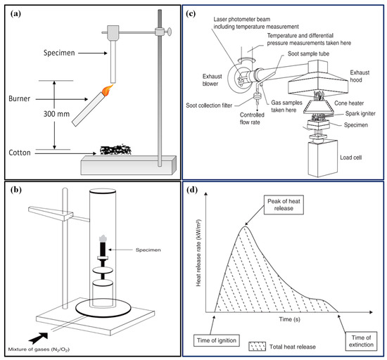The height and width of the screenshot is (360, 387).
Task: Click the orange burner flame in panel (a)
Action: click(x=107, y=91)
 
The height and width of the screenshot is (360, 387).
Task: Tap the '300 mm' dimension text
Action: click(x=56, y=114)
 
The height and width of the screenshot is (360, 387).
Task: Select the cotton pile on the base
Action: click(x=115, y=150)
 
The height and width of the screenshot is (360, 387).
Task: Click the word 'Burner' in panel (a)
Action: click(x=19, y=98)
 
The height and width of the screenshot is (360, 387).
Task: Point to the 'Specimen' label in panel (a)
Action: click(x=59, y=53)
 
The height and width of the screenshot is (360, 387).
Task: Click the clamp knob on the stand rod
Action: click(x=170, y=32)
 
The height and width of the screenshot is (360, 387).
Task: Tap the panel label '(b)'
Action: click(x=16, y=190)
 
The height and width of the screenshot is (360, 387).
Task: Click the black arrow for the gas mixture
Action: click(x=38, y=338)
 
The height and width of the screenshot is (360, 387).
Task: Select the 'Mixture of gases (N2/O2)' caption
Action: click(x=39, y=349)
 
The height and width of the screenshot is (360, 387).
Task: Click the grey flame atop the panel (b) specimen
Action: click(x=103, y=238)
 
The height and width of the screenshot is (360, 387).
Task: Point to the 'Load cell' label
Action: click(x=350, y=157)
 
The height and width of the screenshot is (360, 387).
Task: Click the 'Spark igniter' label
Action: click(x=360, y=113)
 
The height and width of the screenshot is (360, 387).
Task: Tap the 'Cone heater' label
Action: click(x=349, y=103)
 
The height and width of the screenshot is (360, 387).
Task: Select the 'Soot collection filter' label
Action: click(x=209, y=105)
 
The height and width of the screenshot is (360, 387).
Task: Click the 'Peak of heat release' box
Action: click(x=284, y=205)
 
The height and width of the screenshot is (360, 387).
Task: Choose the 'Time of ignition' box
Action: click(x=217, y=340)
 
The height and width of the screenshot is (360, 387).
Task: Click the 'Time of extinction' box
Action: click(x=361, y=341)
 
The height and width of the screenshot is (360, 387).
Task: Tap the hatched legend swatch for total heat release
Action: click(x=257, y=347)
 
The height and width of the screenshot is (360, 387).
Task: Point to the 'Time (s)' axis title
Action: click(x=289, y=319)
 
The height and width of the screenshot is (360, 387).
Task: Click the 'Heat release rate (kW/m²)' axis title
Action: click(x=198, y=253)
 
